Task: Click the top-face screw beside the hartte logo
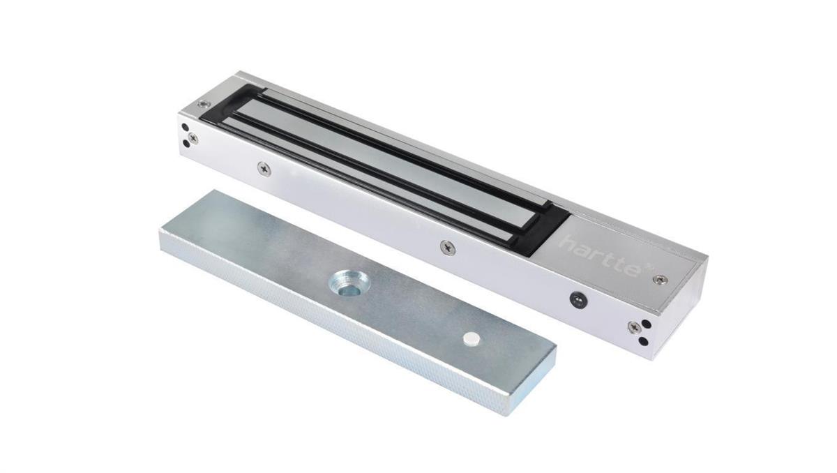click(656, 280)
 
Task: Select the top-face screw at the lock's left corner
click(202, 104)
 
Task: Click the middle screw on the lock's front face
click(446, 246)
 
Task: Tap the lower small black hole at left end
click(186, 144)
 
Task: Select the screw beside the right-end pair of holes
click(633, 326)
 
